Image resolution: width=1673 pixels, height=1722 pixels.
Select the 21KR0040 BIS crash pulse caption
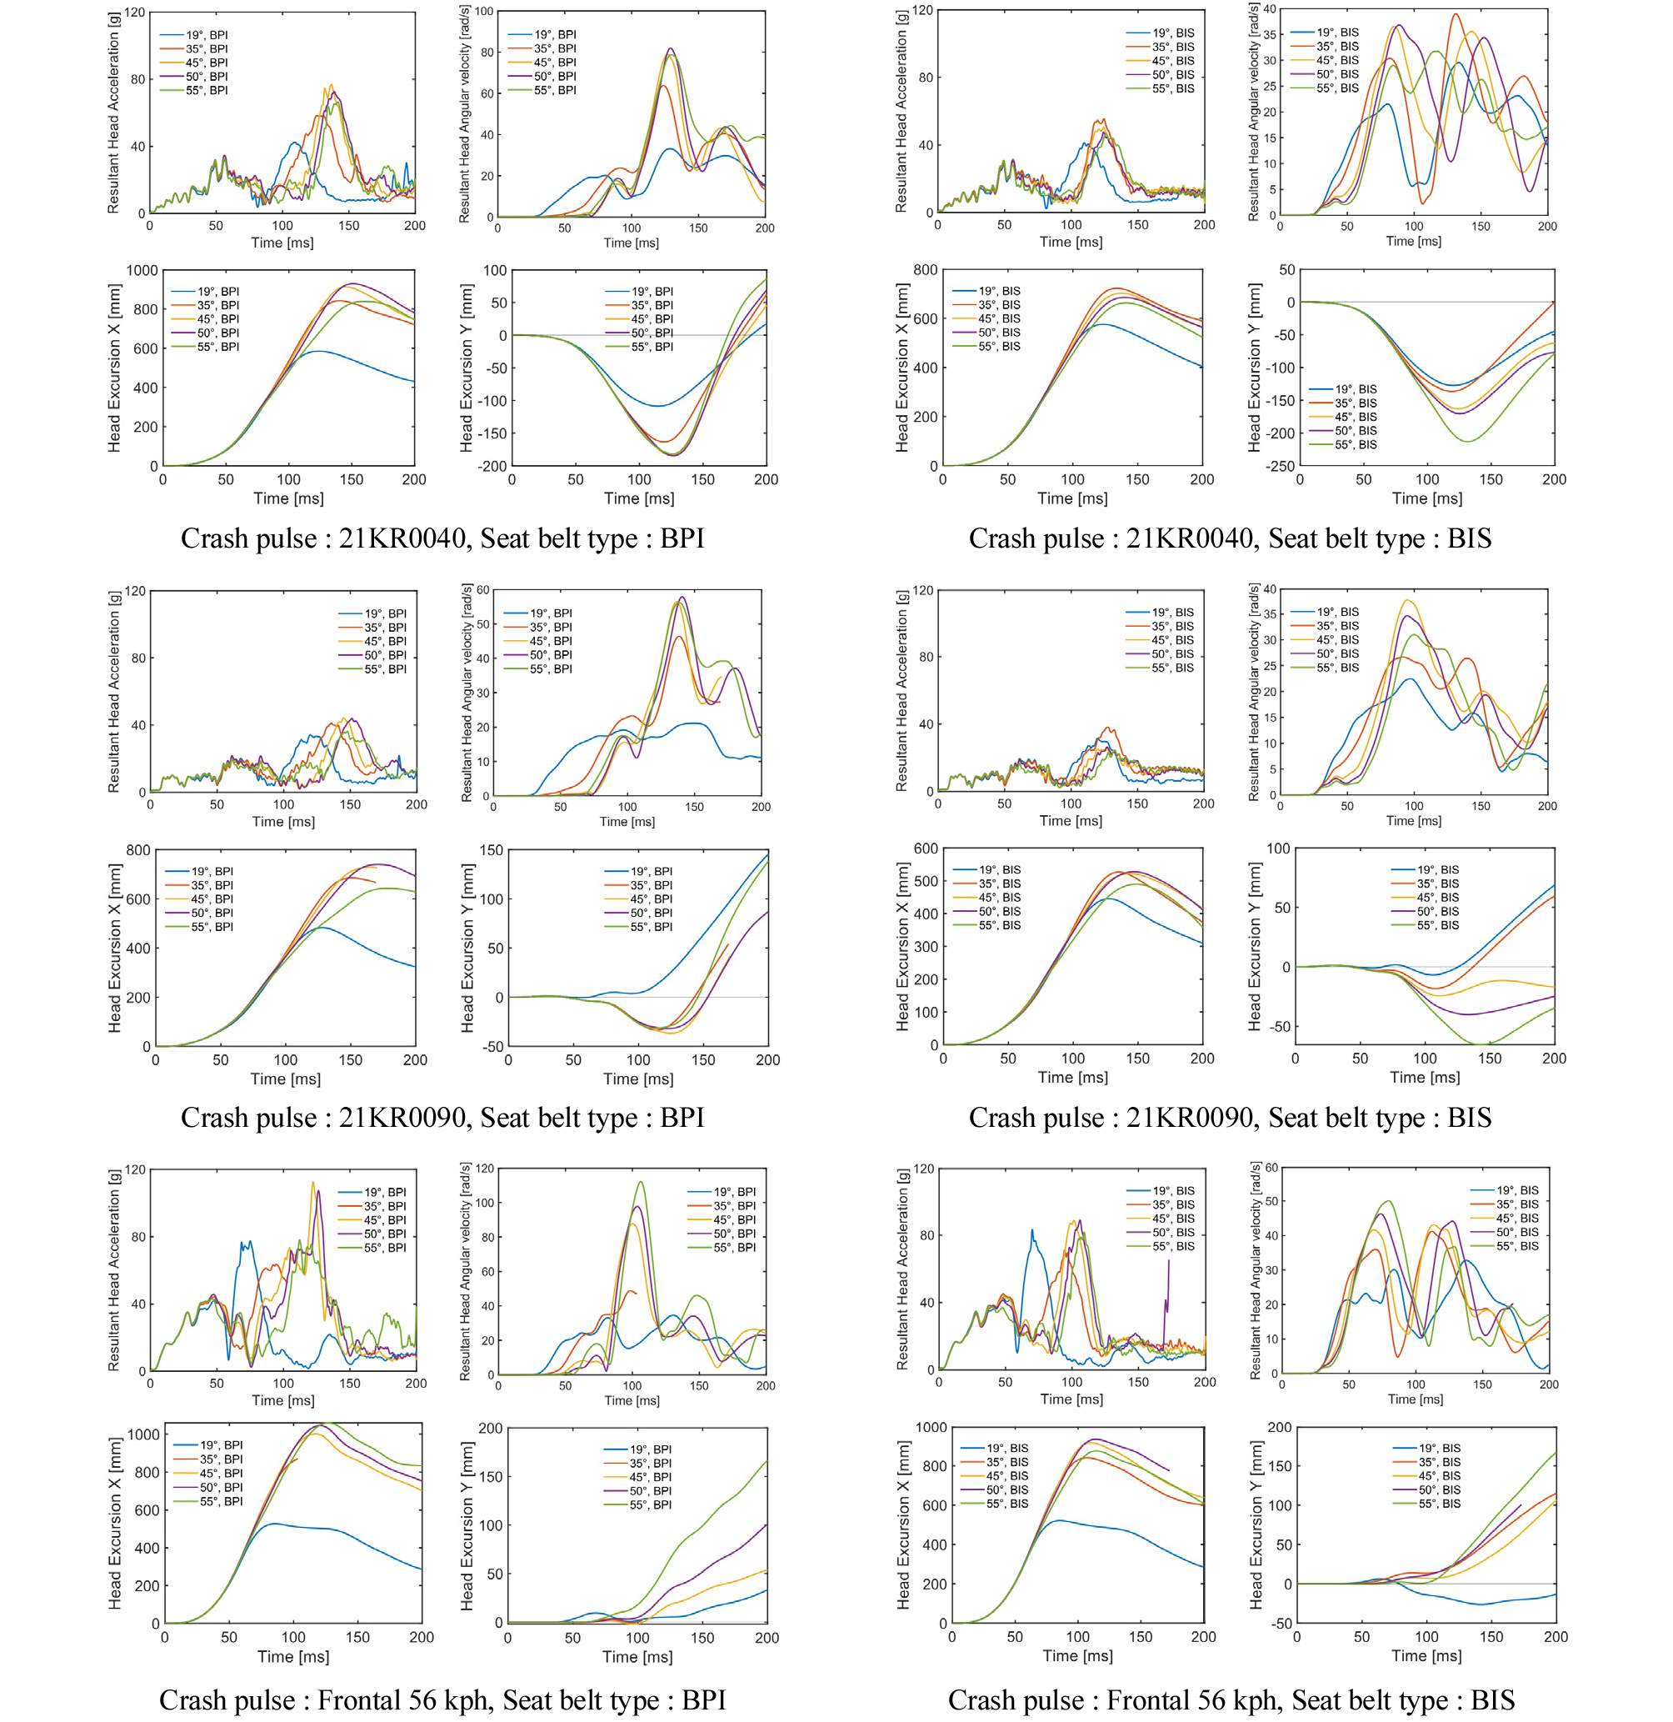click(x=1229, y=538)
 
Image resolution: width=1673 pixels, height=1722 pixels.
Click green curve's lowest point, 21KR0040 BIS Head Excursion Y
click(x=1466, y=440)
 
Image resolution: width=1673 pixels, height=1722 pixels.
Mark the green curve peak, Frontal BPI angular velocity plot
click(x=641, y=1181)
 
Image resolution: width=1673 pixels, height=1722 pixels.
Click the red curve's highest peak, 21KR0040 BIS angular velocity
click(x=1456, y=14)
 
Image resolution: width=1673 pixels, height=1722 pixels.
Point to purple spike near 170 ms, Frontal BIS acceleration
click(x=1169, y=1262)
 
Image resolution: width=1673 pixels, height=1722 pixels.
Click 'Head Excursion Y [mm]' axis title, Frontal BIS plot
click(x=1256, y=1524)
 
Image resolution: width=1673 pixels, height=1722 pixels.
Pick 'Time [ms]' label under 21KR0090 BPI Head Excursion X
click(x=286, y=1079)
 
